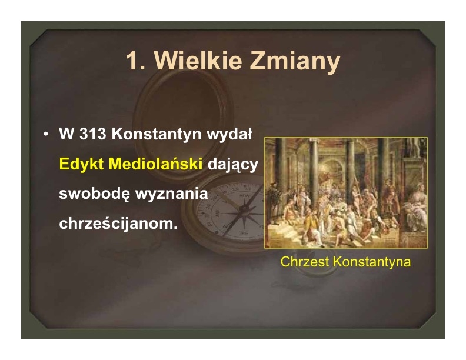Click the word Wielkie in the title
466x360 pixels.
pos(198,61)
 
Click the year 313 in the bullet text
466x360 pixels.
pos(93,134)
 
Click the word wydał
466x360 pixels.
pos(229,134)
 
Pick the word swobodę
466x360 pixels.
pos(95,194)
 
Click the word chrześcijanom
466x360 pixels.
pos(118,224)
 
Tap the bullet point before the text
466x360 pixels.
pos(45,134)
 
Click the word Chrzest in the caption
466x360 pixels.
pos(305,262)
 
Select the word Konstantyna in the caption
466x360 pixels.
pos(372,262)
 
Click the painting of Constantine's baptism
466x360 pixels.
pos(346,193)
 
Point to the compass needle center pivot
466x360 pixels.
pos(244,209)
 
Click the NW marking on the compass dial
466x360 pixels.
pos(245,196)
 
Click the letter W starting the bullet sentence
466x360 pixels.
pos(66,134)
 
